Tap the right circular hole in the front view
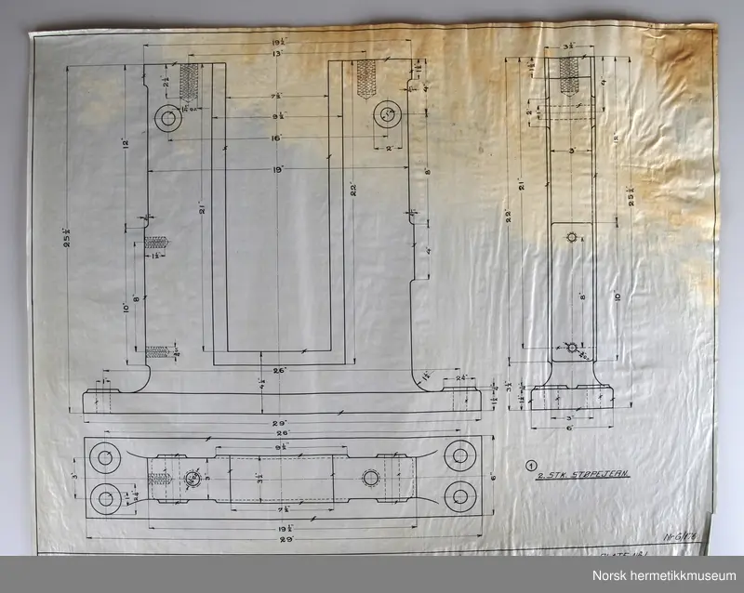(x=387, y=114)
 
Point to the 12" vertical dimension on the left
(x=125, y=145)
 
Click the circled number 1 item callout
(x=530, y=467)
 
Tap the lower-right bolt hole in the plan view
(x=458, y=492)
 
